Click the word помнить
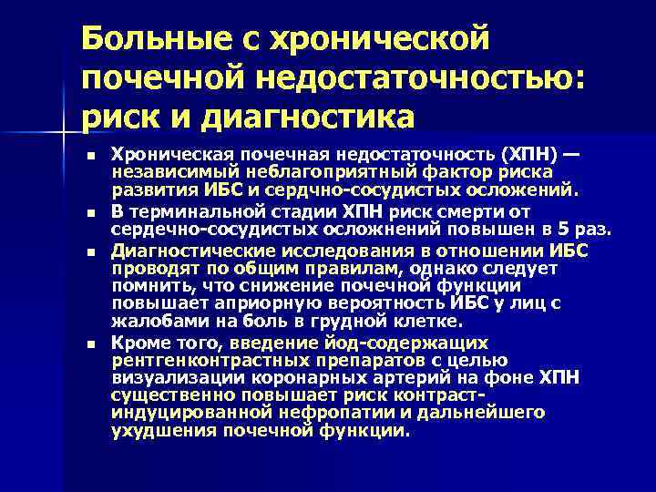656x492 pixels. coord(145,286)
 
